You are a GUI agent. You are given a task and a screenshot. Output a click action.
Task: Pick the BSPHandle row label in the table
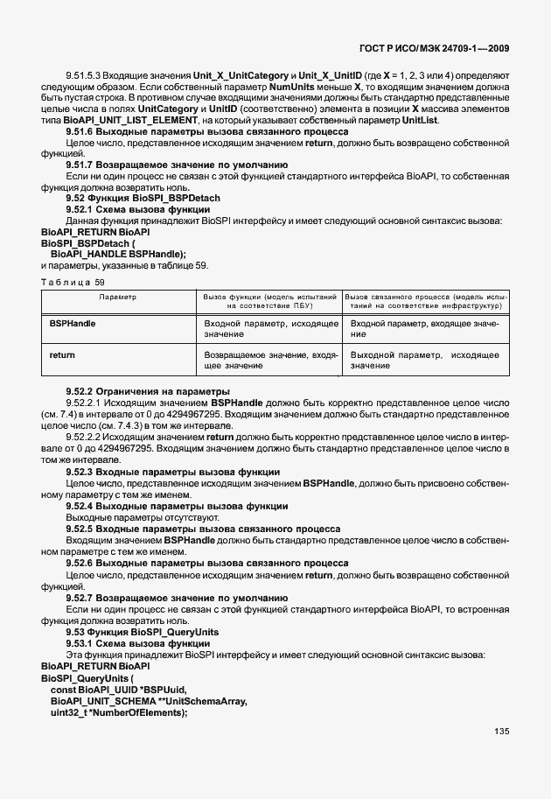[73, 324]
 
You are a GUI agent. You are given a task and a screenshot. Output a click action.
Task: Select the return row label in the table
[61, 355]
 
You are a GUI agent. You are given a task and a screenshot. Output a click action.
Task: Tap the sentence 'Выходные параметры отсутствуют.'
[134, 517]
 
